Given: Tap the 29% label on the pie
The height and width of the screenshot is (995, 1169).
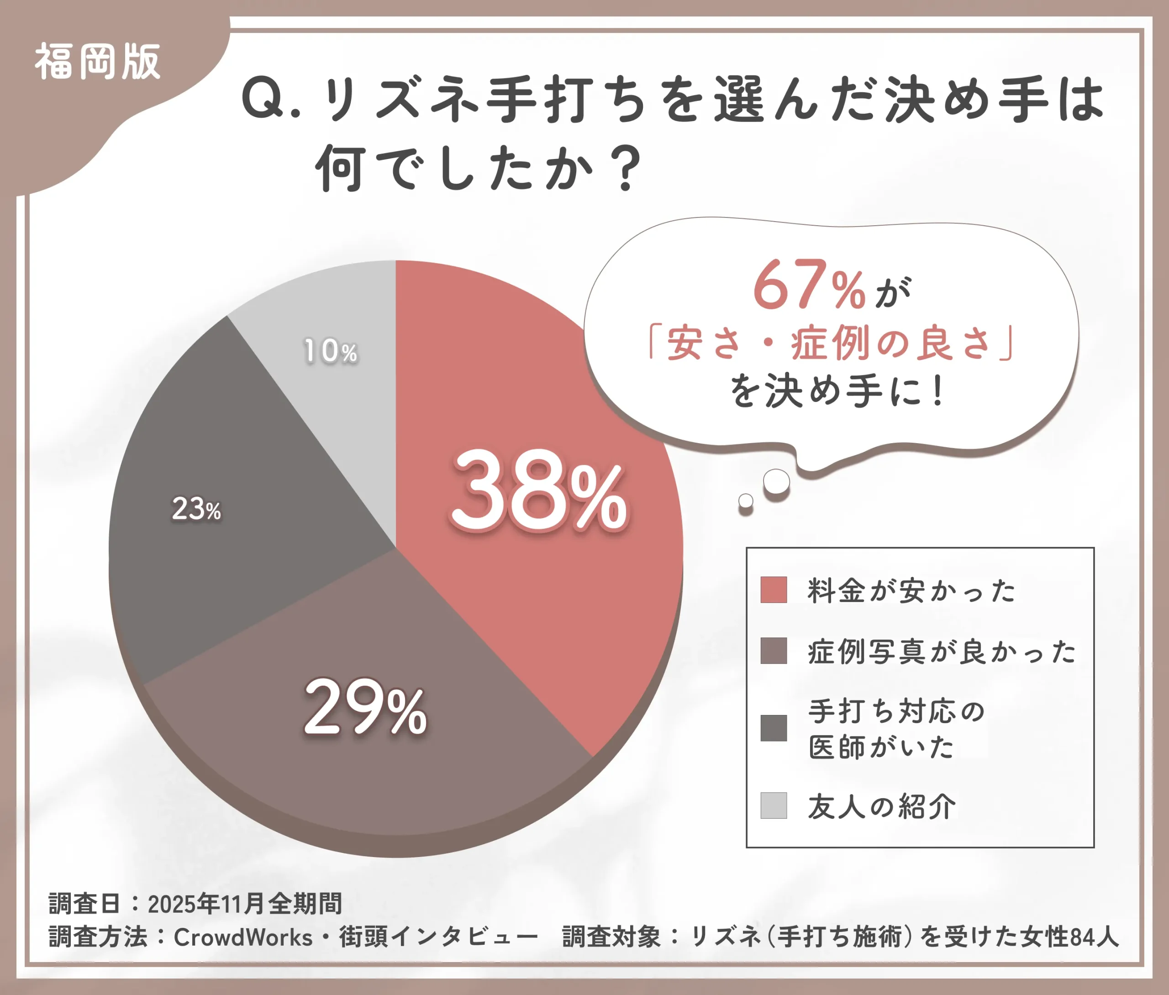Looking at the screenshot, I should pos(365,709).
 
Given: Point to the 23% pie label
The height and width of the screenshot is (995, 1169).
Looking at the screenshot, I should pos(196,509).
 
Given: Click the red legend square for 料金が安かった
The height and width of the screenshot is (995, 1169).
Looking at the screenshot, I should pos(773,590).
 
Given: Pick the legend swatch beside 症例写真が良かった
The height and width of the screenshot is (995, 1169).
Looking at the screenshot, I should pos(773,651).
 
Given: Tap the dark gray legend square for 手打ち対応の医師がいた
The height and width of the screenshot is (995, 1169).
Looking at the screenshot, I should pos(773,728).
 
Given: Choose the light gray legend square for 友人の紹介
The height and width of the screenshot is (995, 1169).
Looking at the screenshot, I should pos(773,805).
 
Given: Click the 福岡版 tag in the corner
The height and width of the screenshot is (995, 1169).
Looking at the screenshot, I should pos(98,62).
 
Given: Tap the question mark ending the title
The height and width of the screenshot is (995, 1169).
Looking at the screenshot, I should pos(627,168).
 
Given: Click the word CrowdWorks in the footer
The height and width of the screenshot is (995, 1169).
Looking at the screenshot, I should pos(242,937).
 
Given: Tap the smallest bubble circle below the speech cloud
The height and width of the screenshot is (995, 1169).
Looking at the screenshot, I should pos(746,500).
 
